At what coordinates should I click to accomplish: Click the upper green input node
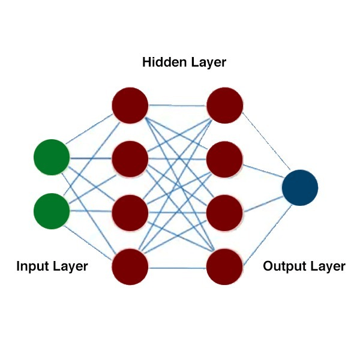coord(52,157)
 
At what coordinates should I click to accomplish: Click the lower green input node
coord(52,211)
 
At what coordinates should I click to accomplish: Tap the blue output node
coord(300,188)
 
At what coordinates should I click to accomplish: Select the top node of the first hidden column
coord(130,105)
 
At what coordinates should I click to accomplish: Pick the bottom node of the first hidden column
coord(130,266)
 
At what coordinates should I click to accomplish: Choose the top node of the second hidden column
coord(225,105)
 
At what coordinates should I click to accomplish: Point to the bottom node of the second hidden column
coord(225,266)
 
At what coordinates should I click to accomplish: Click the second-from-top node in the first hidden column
coord(130,158)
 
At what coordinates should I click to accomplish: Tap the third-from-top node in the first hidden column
coord(130,212)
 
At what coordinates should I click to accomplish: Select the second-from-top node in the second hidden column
coord(225,158)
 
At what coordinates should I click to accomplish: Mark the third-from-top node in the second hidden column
coord(225,212)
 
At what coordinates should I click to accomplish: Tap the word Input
coord(31,266)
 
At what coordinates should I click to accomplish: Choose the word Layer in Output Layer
coord(326,266)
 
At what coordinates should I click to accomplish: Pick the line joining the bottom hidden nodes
coord(178,266)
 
